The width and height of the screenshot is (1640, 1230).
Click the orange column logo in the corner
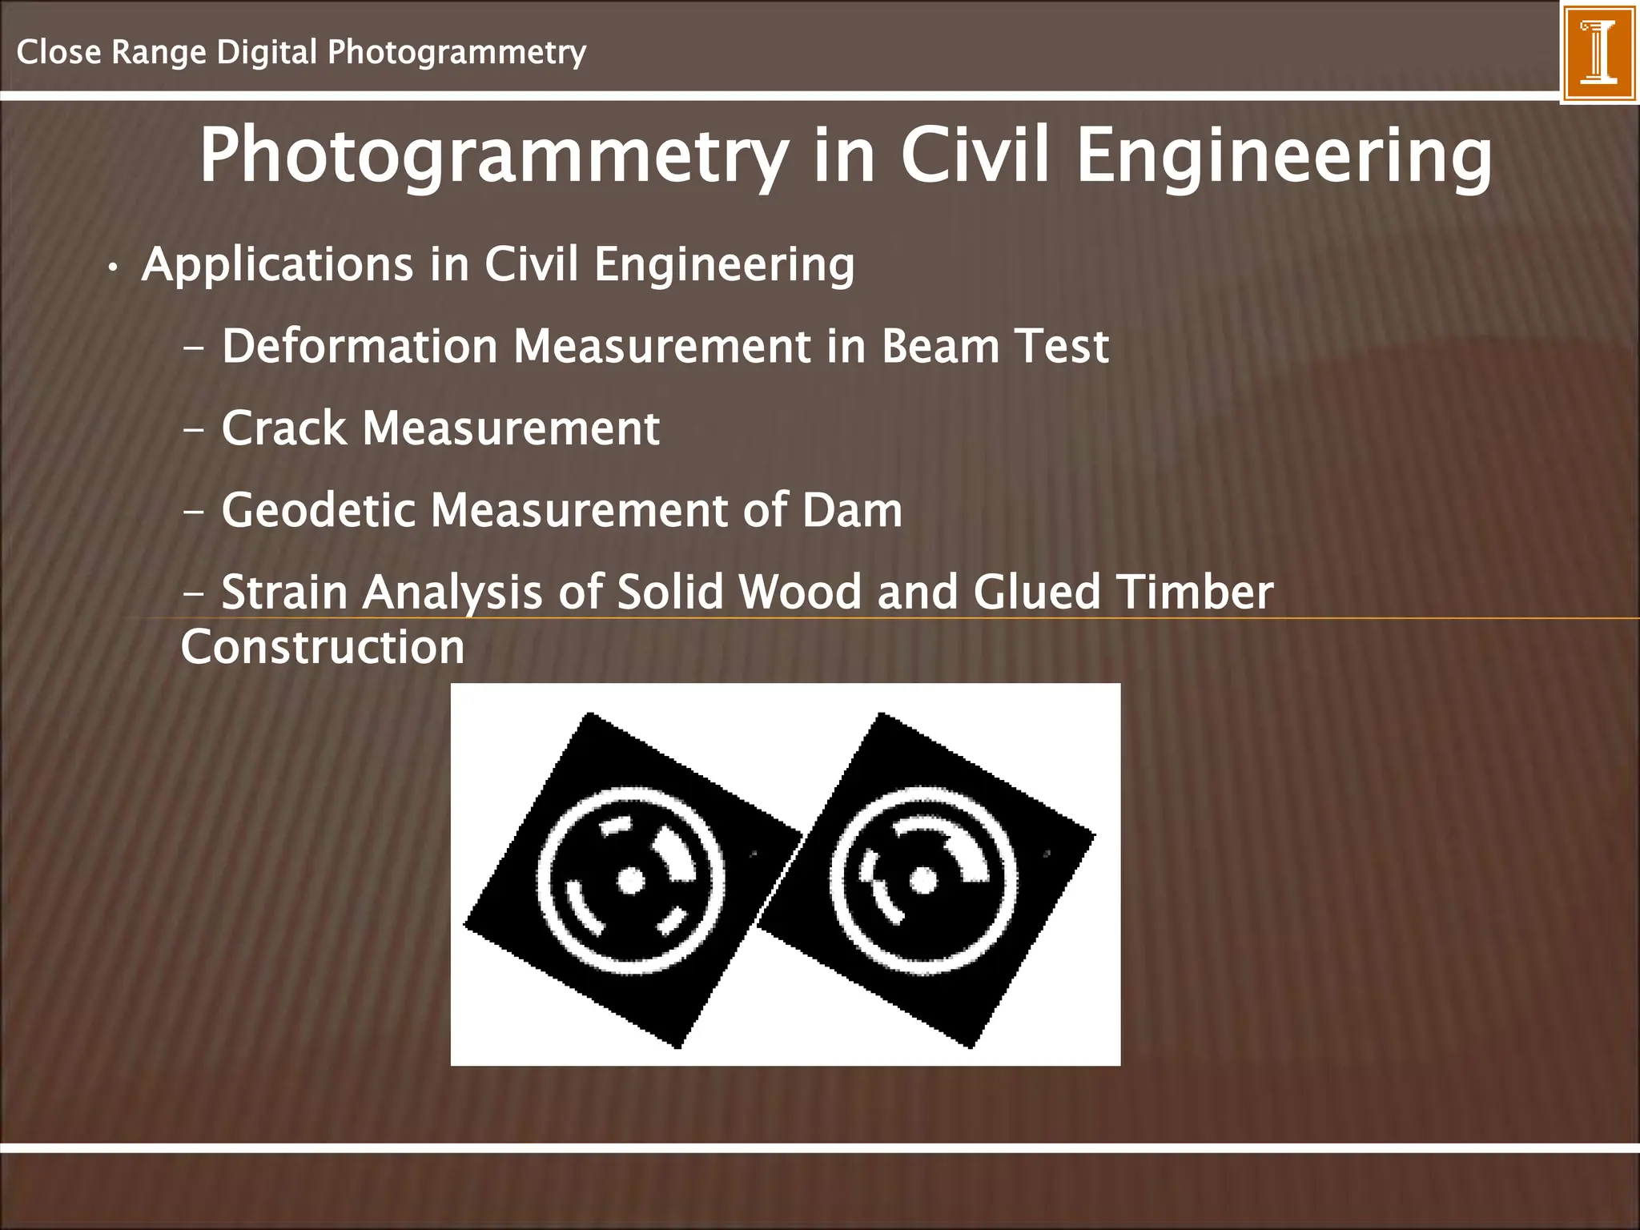(1598, 51)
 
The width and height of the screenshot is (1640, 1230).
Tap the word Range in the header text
(159, 53)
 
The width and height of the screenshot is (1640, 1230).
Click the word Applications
(277, 265)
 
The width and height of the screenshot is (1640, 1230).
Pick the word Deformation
(360, 346)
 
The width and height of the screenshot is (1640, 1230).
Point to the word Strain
(284, 593)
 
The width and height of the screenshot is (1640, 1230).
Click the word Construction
(323, 647)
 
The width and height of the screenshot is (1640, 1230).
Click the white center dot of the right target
(923, 880)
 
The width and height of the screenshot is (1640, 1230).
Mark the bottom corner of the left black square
(679, 1046)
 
